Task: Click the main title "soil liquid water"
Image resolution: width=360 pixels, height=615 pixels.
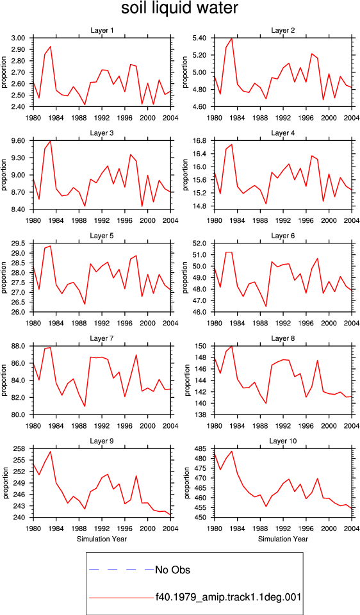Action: (x=179, y=8)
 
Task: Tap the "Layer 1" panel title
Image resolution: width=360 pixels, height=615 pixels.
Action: (x=102, y=30)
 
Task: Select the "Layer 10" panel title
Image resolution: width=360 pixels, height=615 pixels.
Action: (x=282, y=441)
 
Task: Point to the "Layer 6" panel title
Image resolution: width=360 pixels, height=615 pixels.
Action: (x=282, y=236)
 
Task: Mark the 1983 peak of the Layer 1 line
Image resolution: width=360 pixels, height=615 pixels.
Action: (x=51, y=47)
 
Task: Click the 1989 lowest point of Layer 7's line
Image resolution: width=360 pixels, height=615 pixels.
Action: (x=85, y=406)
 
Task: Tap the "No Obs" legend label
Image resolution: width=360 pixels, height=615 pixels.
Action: (x=172, y=570)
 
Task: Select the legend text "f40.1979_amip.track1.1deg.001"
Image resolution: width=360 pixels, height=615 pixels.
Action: (x=228, y=597)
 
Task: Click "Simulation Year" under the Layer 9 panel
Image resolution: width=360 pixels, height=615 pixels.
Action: (x=102, y=539)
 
